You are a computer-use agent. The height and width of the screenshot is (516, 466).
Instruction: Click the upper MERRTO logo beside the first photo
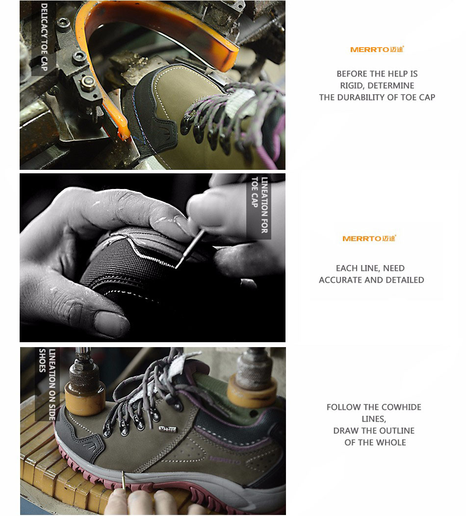[x=377, y=50]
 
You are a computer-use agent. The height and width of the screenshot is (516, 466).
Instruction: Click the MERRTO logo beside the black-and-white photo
[x=369, y=238]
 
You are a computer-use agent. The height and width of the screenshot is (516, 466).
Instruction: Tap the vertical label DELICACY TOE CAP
[x=44, y=37]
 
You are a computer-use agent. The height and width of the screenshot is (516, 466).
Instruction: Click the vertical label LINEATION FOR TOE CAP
[x=259, y=205]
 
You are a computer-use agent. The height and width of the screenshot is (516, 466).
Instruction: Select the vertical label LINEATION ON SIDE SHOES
[x=48, y=384]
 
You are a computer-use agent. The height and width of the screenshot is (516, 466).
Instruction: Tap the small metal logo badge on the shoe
[x=168, y=429]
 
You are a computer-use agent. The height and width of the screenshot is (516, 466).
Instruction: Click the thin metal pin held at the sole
[x=123, y=480]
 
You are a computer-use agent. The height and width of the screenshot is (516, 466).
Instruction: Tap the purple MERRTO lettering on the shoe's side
[x=225, y=460]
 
